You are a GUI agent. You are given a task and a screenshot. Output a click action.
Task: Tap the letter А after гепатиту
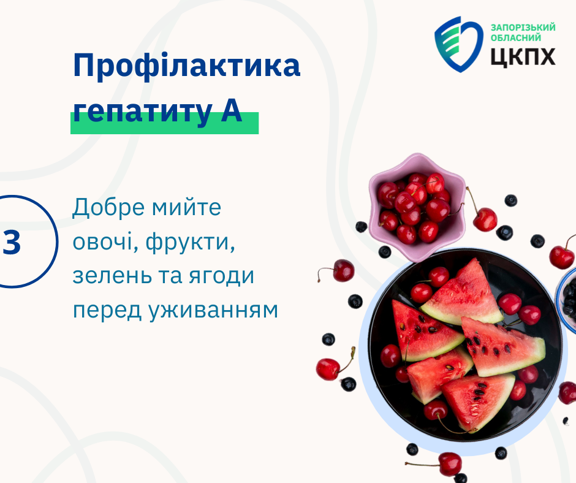pos(232,111)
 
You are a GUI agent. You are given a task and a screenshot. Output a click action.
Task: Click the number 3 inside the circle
pos(12,242)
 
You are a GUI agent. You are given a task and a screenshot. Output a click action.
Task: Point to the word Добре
pos(108,207)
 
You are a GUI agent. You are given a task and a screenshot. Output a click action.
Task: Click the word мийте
pos(187,208)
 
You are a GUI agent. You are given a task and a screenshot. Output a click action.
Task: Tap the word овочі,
pos(105,242)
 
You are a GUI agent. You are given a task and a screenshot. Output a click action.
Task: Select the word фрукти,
pos(191,243)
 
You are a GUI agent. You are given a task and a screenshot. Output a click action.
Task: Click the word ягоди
pos(221,277)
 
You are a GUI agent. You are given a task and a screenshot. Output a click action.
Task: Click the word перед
pos(107,311)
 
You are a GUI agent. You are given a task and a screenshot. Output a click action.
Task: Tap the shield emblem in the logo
pos(459,44)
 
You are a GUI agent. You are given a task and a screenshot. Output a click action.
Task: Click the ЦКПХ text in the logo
pos(523,57)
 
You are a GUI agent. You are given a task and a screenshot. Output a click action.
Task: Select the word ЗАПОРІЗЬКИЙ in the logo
pos(523,28)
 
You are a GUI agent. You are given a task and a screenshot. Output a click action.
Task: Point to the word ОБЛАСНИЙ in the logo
pos(516,38)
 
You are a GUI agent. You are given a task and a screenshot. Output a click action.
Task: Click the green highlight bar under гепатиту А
pos(165,123)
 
